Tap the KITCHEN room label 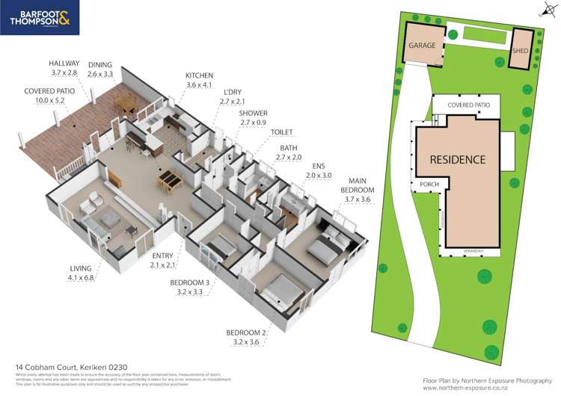pyautogui.click(x=200, y=75)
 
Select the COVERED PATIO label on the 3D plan pyautogui.click(x=49, y=90)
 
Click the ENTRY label pyautogui.click(x=162, y=256)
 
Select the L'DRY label pyautogui.click(x=233, y=91)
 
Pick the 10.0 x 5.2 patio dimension pyautogui.click(x=49, y=100)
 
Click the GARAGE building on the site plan pyautogui.click(x=422, y=46)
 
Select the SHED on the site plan pyautogui.click(x=521, y=51)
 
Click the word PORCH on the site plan pyautogui.click(x=429, y=183)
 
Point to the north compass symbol pyautogui.click(x=545, y=10)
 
